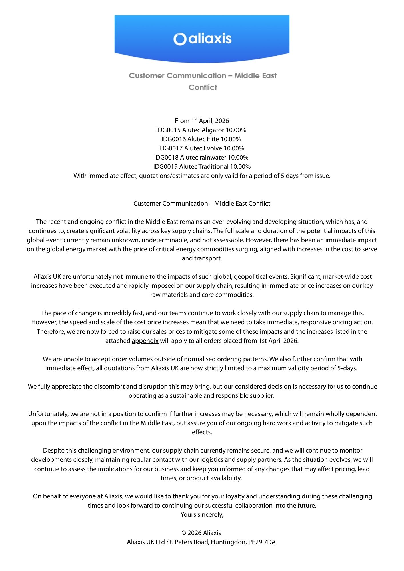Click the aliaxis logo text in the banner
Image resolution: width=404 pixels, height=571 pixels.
[210, 39]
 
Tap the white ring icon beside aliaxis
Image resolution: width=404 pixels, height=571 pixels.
[180, 39]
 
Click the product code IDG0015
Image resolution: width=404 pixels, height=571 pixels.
[168, 130]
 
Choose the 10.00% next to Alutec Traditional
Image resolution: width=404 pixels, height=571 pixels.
[240, 167]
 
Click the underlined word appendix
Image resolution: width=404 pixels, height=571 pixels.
[145, 341]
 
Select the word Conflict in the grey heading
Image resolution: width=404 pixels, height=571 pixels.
[203, 87]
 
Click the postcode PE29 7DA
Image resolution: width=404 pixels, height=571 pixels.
[262, 542]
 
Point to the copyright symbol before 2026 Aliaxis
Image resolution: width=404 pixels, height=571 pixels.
[184, 533]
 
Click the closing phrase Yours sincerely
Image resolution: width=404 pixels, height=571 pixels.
[202, 515]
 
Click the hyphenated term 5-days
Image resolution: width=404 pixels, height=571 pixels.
[347, 368]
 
